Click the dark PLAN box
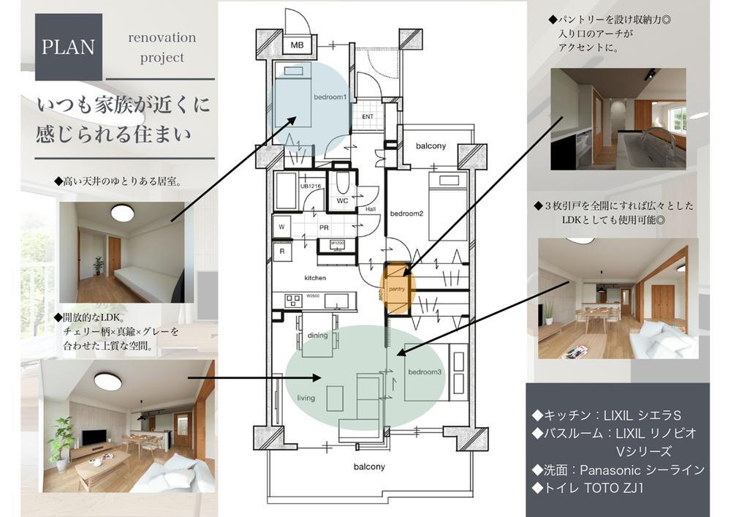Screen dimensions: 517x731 (x=68, y=47)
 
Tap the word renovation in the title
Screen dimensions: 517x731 (x=162, y=37)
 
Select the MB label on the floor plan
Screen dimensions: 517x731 (x=297, y=45)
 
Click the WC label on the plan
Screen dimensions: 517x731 (x=342, y=200)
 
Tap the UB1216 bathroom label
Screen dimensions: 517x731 (x=310, y=186)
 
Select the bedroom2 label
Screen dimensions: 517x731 (x=407, y=214)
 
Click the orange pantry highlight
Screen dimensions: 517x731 (x=399, y=288)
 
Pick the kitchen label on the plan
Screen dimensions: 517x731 (x=315, y=278)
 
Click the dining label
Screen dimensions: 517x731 (x=317, y=336)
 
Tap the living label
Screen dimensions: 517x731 (x=306, y=398)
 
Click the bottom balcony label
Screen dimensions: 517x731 (x=369, y=466)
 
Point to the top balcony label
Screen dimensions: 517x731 (x=431, y=146)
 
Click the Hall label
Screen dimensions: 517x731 (x=370, y=209)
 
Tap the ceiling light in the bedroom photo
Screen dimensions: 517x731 (x=122, y=213)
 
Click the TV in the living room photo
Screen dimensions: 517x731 (x=93, y=437)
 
